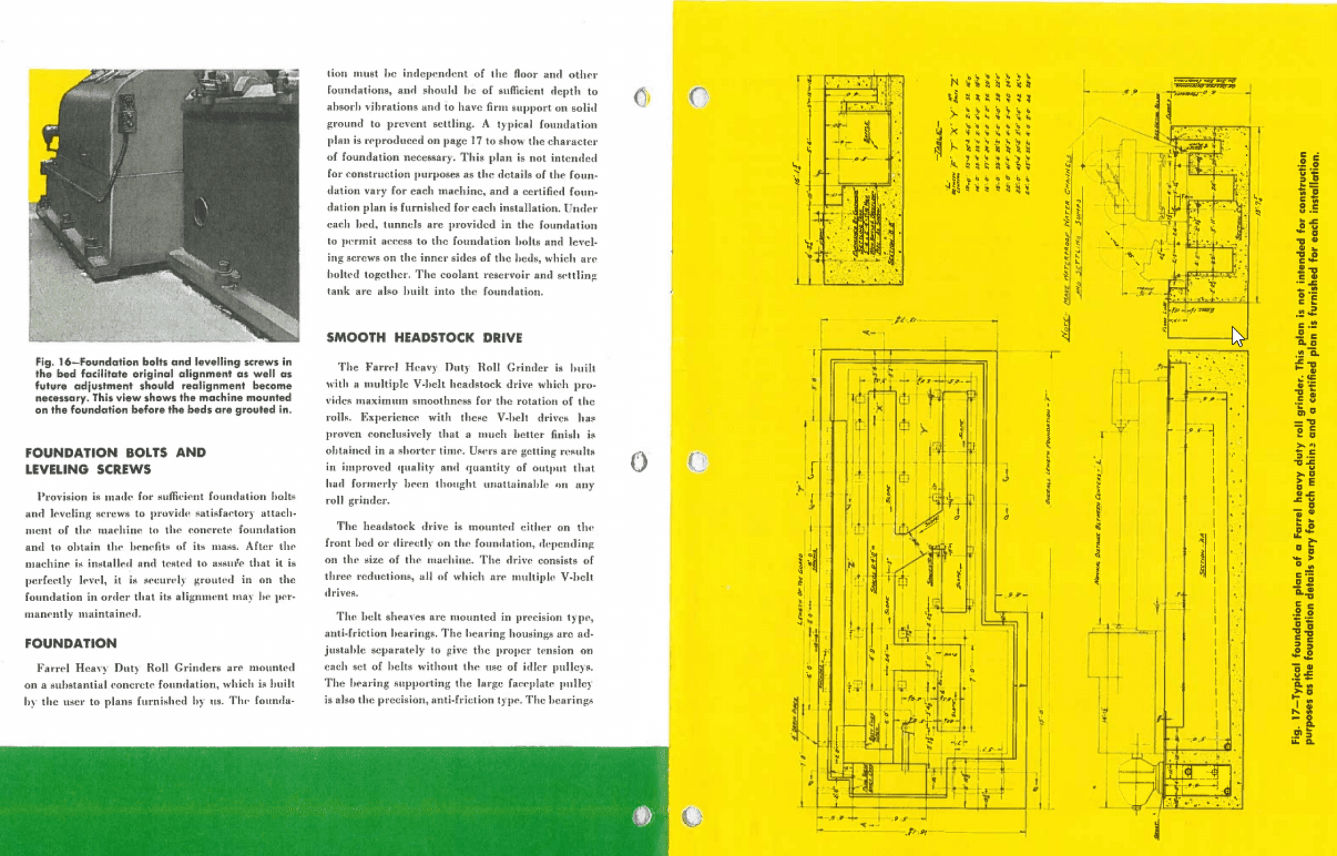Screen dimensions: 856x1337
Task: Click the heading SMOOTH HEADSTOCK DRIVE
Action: pos(424,338)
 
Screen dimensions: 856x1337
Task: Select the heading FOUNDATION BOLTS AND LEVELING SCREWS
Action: pos(115,460)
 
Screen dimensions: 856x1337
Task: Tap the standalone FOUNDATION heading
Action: pos(70,643)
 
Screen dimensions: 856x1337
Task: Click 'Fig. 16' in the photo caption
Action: pos(53,362)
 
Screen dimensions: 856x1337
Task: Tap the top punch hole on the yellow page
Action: pos(698,97)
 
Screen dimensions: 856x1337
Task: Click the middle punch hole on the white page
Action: pos(639,461)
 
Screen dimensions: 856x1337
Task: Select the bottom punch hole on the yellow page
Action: pos(691,816)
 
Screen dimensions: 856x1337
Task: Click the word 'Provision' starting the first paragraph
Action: pos(62,497)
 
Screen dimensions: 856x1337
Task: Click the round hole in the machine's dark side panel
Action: pos(200,210)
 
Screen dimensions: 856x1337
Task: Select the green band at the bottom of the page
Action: pos(334,801)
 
